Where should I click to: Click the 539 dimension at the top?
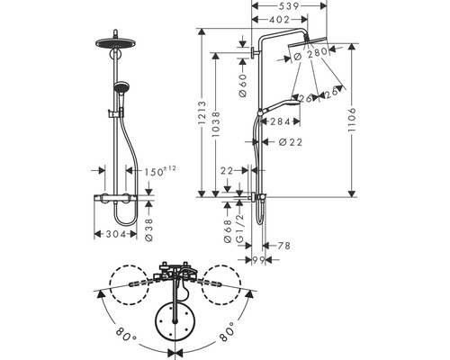(288, 6)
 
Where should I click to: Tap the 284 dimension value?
(281, 121)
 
